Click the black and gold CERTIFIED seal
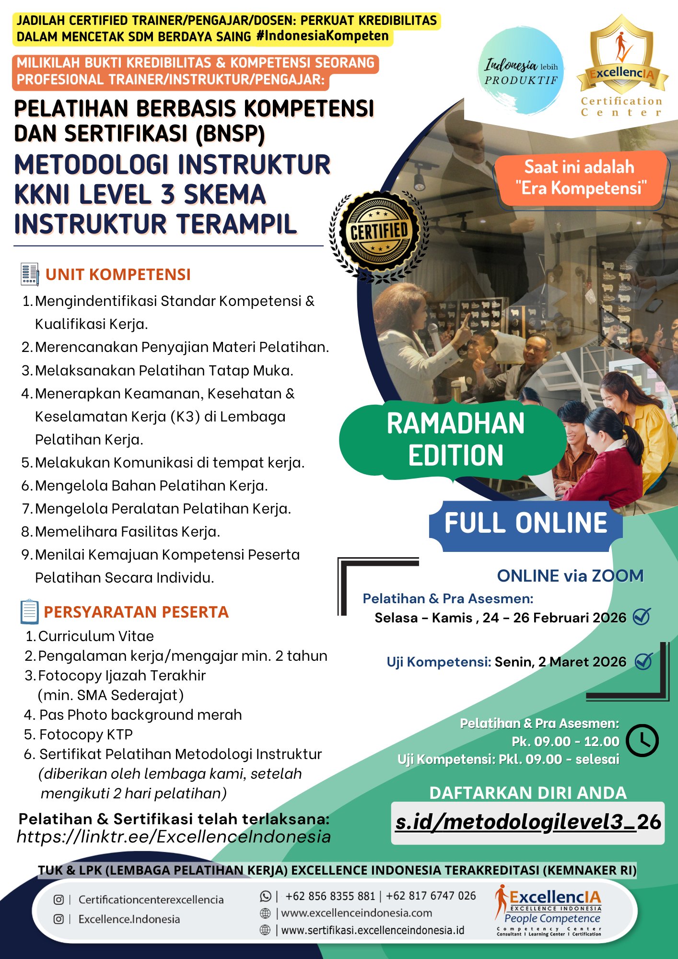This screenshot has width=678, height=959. [379, 233]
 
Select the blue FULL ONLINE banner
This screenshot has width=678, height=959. [526, 523]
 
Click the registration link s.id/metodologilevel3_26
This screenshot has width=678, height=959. [528, 822]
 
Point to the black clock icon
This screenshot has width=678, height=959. [642, 741]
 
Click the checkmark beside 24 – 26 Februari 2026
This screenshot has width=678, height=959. [642, 617]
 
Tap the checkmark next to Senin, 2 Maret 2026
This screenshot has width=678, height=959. [643, 661]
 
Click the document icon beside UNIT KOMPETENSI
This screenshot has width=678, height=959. [30, 274]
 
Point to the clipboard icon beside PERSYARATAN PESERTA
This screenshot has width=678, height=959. [30, 612]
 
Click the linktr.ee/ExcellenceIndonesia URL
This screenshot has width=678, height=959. [174, 837]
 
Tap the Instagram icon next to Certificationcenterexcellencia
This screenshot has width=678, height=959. [58, 900]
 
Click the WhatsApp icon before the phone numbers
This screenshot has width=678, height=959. [265, 896]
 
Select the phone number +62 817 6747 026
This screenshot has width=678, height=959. [431, 896]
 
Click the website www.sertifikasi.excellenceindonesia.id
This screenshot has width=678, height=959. [373, 930]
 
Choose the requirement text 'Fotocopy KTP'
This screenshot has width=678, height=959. [86, 734]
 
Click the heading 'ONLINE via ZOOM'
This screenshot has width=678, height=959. [570, 576]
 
